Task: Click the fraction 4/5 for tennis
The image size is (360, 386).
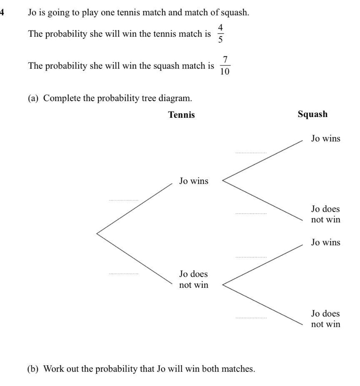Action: coord(220,34)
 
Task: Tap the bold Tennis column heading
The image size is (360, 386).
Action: coord(181,115)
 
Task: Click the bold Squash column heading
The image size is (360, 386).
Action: coord(313,114)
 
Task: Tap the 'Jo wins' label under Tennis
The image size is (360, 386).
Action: coord(193,181)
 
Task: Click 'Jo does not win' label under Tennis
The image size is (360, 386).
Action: coord(193,279)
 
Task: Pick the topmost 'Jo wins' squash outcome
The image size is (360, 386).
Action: coord(325,138)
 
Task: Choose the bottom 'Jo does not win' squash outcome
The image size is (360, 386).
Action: coord(325,319)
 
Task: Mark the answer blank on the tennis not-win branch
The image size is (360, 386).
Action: coord(123,273)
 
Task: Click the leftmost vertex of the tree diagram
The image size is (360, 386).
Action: coord(97,234)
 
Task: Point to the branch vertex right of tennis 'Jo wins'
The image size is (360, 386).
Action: coord(222,181)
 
